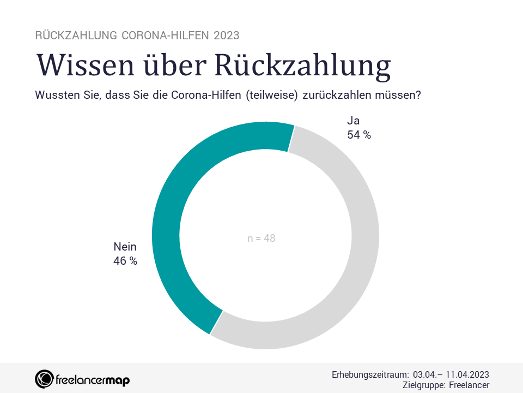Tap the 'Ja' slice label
pyautogui.click(x=354, y=121)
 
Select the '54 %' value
pyautogui.click(x=359, y=135)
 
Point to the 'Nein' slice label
pyautogui.click(x=125, y=247)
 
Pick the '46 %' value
pyautogui.click(x=125, y=261)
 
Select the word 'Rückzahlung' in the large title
pyautogui.click(x=301, y=65)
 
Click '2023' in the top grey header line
pyautogui.click(x=226, y=35)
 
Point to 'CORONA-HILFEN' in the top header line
pyautogui.click(x=166, y=35)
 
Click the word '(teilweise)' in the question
pyautogui.click(x=272, y=95)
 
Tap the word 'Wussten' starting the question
pyautogui.click(x=56, y=95)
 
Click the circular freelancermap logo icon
pyautogui.click(x=44, y=379)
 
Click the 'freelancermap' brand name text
pyautogui.click(x=93, y=379)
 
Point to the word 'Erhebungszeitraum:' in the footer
pyautogui.click(x=370, y=375)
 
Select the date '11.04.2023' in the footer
pyautogui.click(x=467, y=375)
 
